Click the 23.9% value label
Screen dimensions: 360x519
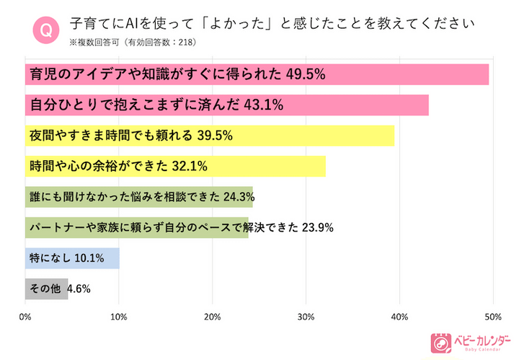316,227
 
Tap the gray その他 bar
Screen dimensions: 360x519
46,289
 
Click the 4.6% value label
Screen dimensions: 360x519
79,289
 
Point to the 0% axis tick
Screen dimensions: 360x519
26,317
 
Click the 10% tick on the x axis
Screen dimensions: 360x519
119,317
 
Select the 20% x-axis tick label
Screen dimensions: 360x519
213,317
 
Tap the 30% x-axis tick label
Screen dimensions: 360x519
306,317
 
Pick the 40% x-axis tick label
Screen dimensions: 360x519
399,317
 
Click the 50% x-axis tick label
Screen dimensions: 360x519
492,317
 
